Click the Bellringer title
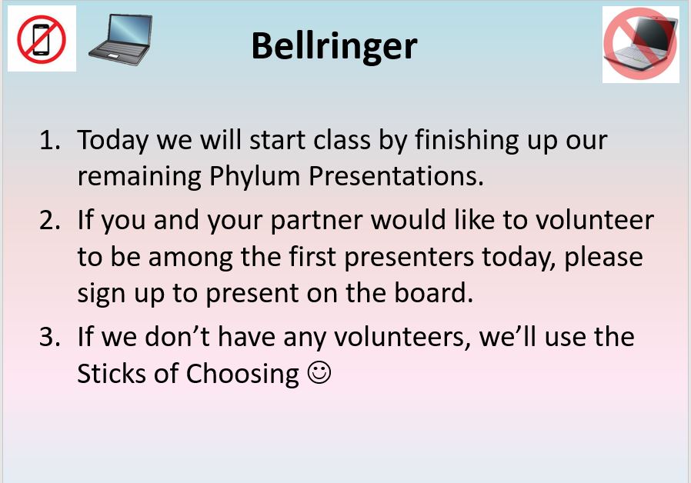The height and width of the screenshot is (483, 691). [x=334, y=47]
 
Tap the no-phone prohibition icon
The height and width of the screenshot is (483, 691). [x=42, y=39]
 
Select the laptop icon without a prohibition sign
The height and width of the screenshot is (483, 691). [x=120, y=40]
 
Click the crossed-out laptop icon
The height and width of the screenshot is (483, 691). [x=640, y=44]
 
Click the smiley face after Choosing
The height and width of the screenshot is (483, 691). [x=319, y=372]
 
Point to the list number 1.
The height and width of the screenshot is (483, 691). [x=49, y=140]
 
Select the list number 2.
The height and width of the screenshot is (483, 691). [x=49, y=220]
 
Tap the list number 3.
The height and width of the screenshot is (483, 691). [x=49, y=337]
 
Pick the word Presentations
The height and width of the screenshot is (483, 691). [x=396, y=176]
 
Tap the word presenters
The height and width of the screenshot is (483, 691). [x=409, y=258]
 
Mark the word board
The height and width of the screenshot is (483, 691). [x=434, y=293]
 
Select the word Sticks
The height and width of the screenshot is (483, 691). [x=111, y=373]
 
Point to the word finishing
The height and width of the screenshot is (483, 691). [x=466, y=141]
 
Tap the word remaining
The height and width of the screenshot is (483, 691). [x=139, y=178]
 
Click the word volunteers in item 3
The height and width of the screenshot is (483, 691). [x=402, y=338]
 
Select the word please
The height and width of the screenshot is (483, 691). [x=603, y=258]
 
